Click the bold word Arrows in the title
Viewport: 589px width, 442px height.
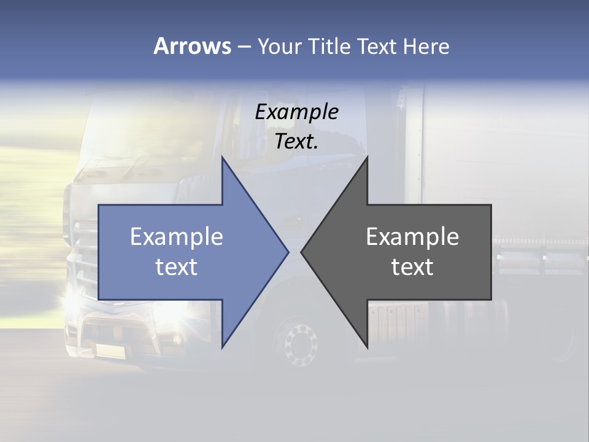tap(192, 46)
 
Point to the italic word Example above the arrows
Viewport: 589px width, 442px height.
tap(297, 112)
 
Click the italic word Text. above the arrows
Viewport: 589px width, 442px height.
tap(297, 141)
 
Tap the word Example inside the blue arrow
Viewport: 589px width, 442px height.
tap(177, 236)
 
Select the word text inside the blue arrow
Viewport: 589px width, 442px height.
tap(177, 267)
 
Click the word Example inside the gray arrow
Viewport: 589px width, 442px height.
tap(412, 236)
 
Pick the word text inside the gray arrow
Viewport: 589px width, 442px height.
tap(412, 267)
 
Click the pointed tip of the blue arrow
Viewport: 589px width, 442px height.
tap(287, 252)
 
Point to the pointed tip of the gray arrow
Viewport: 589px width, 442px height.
tap(302, 252)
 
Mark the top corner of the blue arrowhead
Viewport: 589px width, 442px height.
tap(222, 157)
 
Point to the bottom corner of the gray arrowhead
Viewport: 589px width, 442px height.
tap(367, 347)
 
